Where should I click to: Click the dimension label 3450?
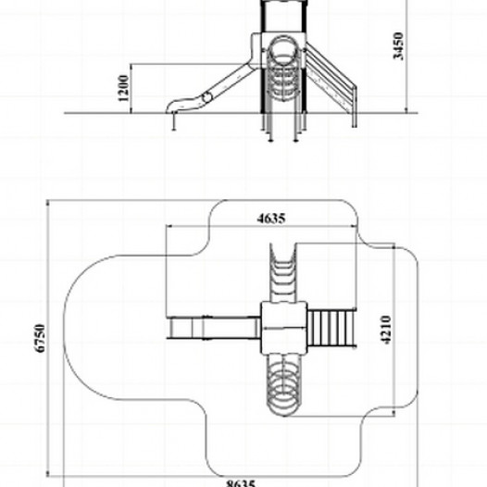(x=398, y=45)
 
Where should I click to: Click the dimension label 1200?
(x=123, y=88)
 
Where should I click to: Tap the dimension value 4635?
(x=271, y=219)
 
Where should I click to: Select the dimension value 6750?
(x=40, y=338)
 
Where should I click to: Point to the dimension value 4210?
(x=386, y=330)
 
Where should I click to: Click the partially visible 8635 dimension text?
(x=241, y=483)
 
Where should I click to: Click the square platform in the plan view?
(x=283, y=328)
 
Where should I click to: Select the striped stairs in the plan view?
(x=331, y=328)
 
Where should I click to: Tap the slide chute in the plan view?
(x=214, y=328)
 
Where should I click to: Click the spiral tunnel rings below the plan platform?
(x=284, y=384)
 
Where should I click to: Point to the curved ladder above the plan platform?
(x=282, y=273)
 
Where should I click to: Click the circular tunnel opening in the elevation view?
(x=283, y=51)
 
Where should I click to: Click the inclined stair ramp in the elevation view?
(x=330, y=79)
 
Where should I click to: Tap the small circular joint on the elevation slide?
(x=206, y=97)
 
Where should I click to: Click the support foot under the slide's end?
(x=174, y=121)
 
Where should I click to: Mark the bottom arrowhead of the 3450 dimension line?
(x=406, y=110)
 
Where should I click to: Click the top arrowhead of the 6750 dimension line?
(x=48, y=203)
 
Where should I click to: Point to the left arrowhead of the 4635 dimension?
(x=169, y=226)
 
